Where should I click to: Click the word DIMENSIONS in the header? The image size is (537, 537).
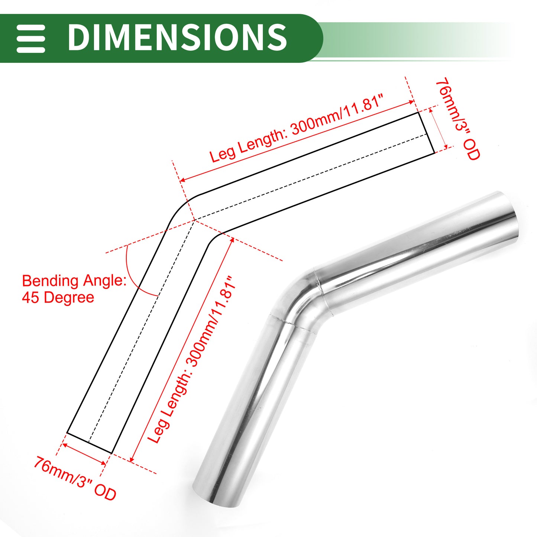click(x=177, y=37)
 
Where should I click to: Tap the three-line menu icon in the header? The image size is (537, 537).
click(x=30, y=39)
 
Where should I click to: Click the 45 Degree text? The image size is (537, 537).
click(x=58, y=297)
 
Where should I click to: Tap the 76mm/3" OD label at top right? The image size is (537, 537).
click(x=457, y=119)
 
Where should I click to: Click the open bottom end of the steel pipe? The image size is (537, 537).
click(x=216, y=498)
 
